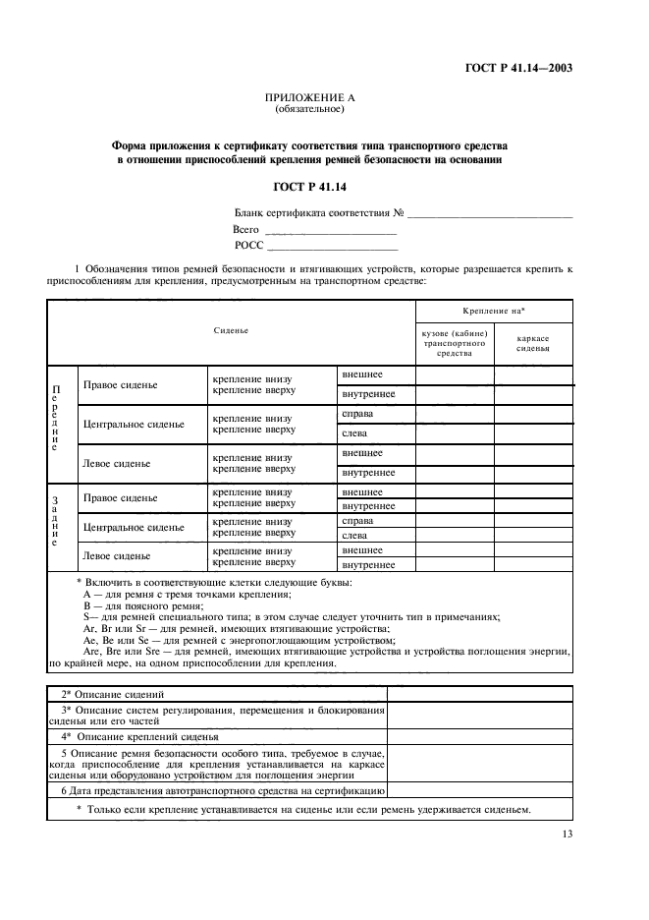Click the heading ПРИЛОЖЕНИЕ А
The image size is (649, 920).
pos(309,98)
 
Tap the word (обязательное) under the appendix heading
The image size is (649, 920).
pos(309,109)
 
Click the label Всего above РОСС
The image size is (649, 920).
pos(245,228)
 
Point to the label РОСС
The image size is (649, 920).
pos(249,245)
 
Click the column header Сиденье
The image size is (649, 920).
pos(231,330)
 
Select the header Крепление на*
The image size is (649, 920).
pos(494,310)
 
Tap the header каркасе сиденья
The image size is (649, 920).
pos(533,342)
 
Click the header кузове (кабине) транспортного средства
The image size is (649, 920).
pos(455,342)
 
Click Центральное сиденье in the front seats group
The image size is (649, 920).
pos(134,424)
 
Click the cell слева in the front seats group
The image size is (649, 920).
pos(354,433)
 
